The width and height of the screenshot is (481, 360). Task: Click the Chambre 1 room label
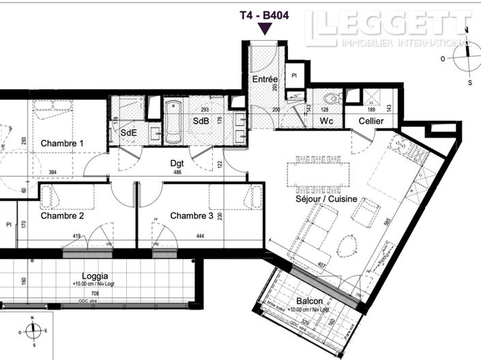[x=62, y=144]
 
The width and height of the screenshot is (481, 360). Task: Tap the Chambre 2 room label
[x=62, y=216]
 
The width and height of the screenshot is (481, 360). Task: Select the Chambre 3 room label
[x=192, y=216]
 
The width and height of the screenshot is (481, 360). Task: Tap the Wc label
[x=326, y=121]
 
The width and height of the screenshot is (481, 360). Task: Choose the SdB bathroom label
[x=200, y=121]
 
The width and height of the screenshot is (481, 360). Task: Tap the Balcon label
[x=310, y=302]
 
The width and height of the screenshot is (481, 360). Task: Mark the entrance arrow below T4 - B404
[x=265, y=29]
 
